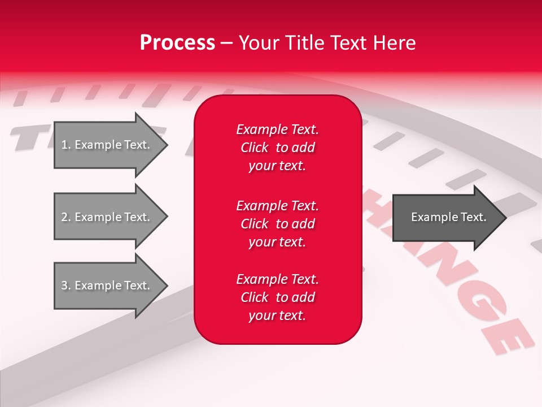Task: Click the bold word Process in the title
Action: tap(177, 43)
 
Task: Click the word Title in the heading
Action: tap(305, 43)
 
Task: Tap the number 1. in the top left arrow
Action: tap(65, 145)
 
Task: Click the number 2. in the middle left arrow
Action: tap(65, 217)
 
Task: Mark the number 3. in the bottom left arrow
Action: tap(65, 285)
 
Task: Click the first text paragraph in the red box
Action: tap(277, 148)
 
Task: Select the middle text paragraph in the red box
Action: tap(277, 224)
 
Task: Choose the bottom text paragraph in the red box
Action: tap(277, 297)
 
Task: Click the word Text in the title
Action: tap(348, 43)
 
